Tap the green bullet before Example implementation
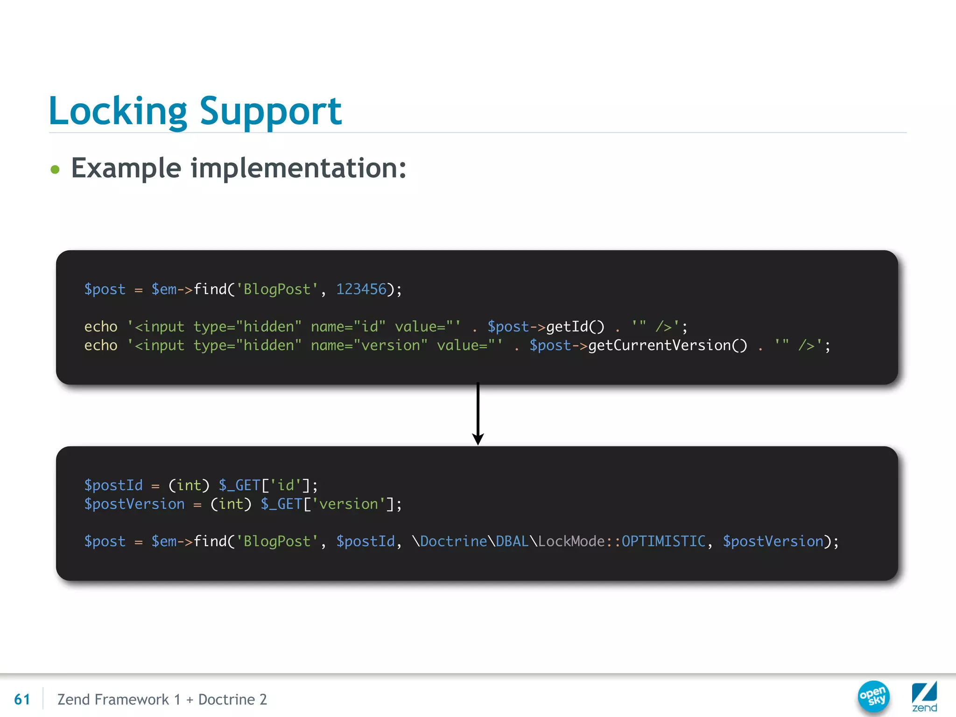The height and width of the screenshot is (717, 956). (55, 169)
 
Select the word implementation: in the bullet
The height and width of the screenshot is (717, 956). (299, 168)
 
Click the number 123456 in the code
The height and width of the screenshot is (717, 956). (361, 289)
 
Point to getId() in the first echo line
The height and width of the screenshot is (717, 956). (575, 327)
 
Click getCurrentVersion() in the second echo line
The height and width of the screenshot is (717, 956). (668, 345)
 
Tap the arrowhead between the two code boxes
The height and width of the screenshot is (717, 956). (478, 439)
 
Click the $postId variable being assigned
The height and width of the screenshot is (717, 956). (113, 485)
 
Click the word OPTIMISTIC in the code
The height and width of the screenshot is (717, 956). (663, 541)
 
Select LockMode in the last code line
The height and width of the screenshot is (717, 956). (571, 541)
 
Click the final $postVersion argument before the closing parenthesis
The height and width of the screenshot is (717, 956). (773, 541)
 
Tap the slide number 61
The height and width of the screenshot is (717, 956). (22, 699)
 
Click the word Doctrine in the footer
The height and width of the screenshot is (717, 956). (226, 699)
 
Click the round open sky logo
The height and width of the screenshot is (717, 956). (873, 696)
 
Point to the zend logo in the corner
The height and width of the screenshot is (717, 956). (924, 696)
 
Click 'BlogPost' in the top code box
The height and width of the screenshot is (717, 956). (277, 289)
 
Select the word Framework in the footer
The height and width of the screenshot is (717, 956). (132, 699)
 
